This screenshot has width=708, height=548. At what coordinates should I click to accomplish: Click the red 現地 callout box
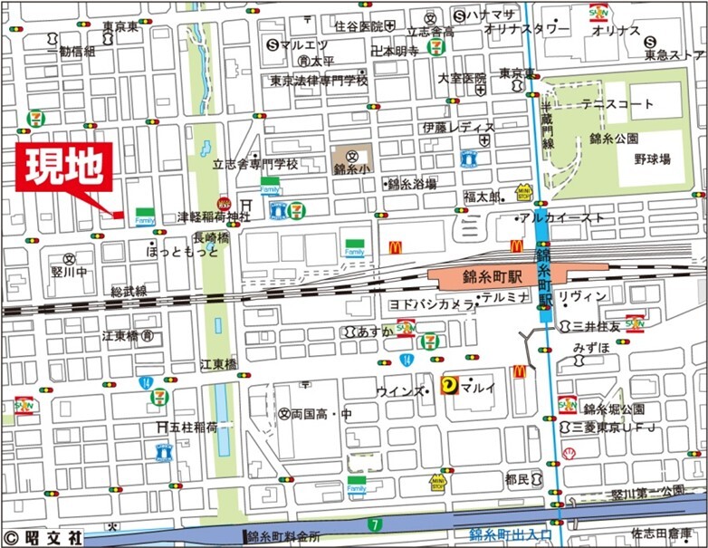tap(63, 167)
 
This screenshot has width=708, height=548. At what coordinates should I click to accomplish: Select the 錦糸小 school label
tap(349, 168)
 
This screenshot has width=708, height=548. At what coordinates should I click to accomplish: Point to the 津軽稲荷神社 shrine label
tap(213, 217)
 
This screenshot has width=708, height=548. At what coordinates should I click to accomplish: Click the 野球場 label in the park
tap(651, 159)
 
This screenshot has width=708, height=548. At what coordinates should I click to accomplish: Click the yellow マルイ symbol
tap(449, 387)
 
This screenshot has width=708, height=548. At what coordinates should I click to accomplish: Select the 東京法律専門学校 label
tap(319, 81)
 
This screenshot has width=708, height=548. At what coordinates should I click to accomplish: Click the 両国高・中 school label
tap(320, 413)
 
